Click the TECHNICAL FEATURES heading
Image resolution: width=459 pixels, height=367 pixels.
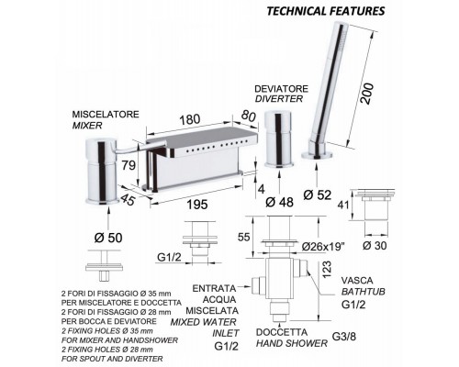click(x=326, y=11)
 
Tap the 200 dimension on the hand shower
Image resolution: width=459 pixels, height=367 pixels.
click(x=368, y=94)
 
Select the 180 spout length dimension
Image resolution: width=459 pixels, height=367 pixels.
click(x=189, y=119)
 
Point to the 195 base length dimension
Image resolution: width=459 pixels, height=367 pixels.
click(x=197, y=205)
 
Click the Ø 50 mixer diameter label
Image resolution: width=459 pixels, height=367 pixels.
click(x=108, y=238)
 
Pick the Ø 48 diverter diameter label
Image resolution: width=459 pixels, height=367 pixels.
click(x=279, y=202)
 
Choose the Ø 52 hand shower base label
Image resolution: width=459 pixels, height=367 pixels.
click(x=318, y=195)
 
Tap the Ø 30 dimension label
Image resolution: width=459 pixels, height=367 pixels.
click(x=375, y=245)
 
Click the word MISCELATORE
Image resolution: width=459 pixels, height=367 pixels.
click(x=106, y=115)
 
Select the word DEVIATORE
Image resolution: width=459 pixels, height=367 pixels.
click(x=282, y=89)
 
